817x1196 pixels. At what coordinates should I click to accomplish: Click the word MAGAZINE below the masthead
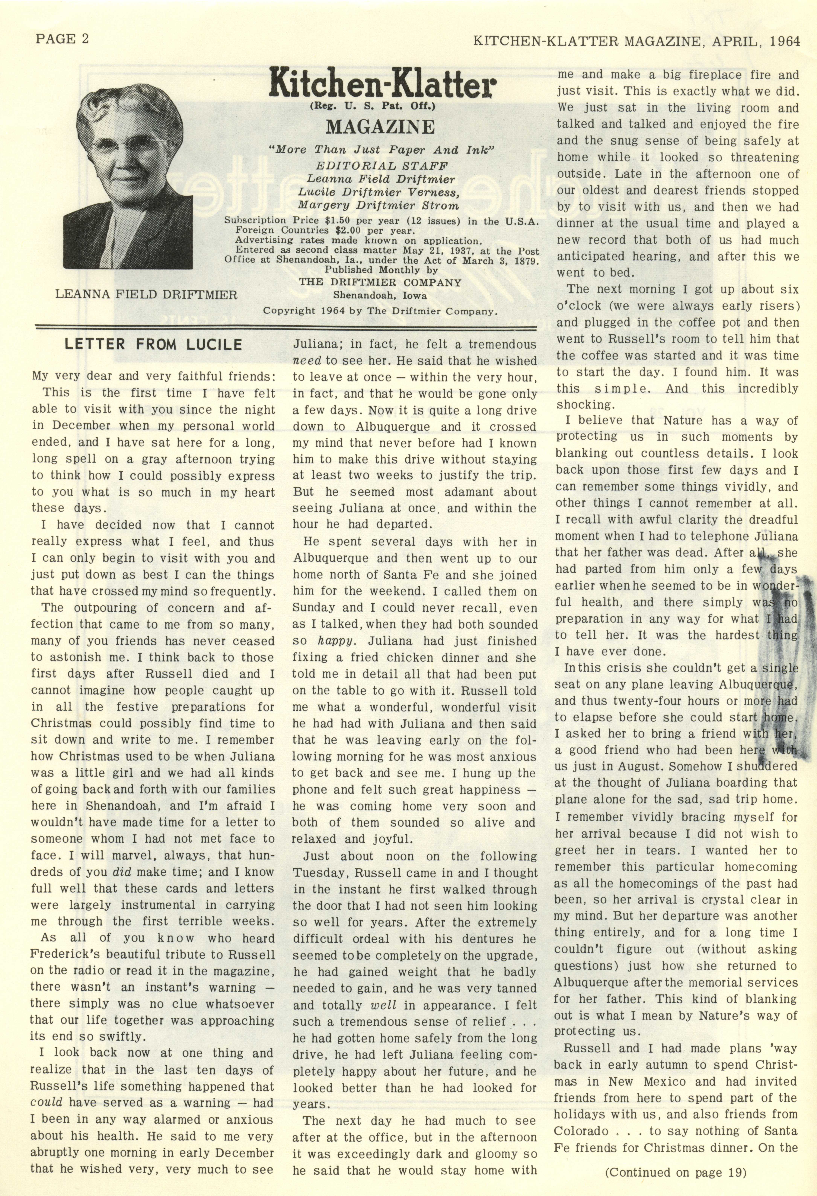[x=380, y=126]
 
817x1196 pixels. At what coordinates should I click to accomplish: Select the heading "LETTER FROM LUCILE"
[x=153, y=344]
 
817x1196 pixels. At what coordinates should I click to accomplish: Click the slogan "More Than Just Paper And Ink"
[x=382, y=150]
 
